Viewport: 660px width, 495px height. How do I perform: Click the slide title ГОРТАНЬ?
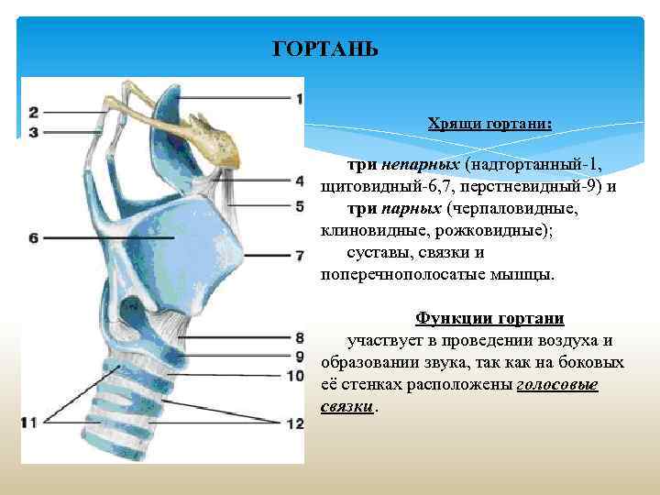326,49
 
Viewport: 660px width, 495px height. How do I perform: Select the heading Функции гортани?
489,318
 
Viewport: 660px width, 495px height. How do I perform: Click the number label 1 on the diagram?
299,98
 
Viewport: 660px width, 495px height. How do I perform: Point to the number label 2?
34,113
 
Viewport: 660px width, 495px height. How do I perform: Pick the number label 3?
34,132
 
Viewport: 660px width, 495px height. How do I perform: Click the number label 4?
299,182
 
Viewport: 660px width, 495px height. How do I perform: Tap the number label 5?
299,205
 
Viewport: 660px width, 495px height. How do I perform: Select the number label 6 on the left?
34,238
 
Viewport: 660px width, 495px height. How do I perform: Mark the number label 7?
299,254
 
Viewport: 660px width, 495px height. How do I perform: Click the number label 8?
299,338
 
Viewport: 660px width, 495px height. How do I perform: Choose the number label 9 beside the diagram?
299,356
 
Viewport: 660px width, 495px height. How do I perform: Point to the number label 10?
295,375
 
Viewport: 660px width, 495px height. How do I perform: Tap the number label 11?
30,422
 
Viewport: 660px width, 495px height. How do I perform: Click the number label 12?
295,423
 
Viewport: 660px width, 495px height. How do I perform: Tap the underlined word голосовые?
557,385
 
